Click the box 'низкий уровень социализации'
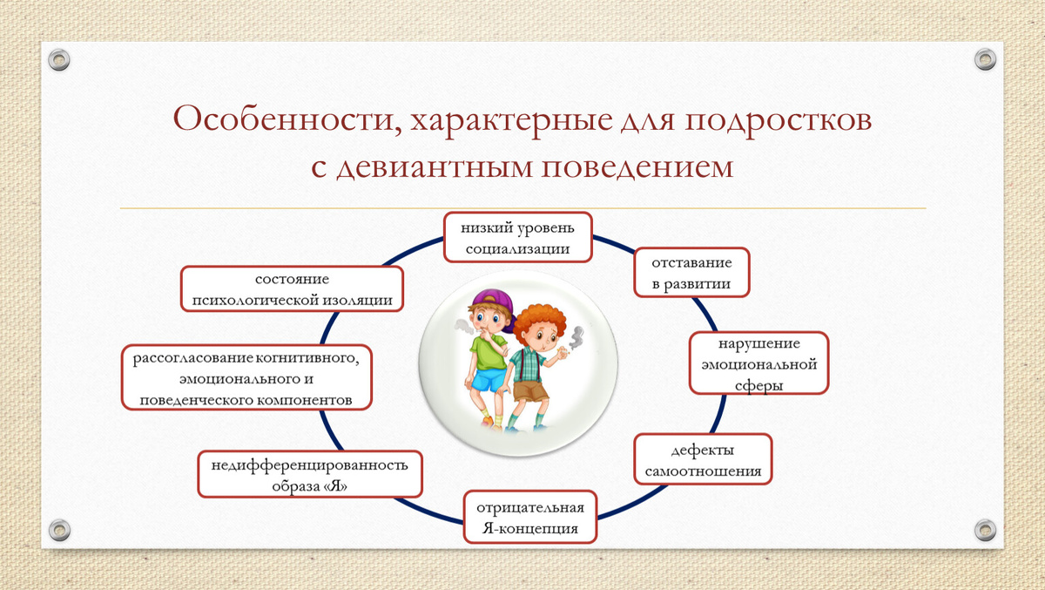tap(517, 237)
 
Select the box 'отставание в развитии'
tap(691, 272)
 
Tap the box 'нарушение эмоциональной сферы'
tap(758, 363)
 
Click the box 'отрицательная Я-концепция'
tap(530, 518)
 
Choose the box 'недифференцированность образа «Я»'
tap(310, 474)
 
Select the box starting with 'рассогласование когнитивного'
tap(246, 379)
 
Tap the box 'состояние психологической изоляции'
tap(293, 289)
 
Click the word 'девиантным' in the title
tap(435, 166)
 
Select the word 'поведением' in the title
tap(639, 166)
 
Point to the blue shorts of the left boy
tap(489, 379)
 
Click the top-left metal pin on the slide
tap(59, 60)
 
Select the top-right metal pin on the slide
tap(984, 60)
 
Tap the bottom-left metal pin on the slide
tap(59, 529)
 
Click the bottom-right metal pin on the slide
tap(984, 529)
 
